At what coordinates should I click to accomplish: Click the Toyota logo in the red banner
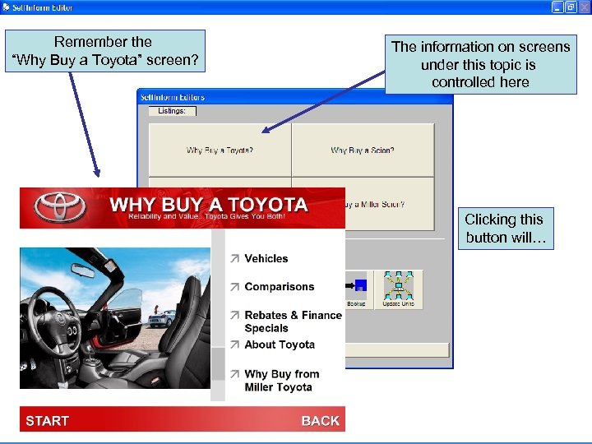point(60,207)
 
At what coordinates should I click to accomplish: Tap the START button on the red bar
point(48,421)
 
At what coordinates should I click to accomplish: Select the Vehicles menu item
point(266,258)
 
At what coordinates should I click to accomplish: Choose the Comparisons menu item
point(279,287)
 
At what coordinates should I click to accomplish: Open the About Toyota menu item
point(280,345)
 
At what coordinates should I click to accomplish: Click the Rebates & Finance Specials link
point(292,321)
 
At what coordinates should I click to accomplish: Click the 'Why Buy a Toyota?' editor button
point(220,150)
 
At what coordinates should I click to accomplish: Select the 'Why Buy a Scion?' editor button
point(363,150)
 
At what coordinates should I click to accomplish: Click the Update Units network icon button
point(398,289)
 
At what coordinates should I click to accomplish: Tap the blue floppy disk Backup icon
point(358,286)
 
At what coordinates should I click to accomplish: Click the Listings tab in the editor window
point(172,111)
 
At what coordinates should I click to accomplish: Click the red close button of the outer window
point(584,7)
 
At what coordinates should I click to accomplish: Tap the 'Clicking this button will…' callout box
point(504,229)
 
